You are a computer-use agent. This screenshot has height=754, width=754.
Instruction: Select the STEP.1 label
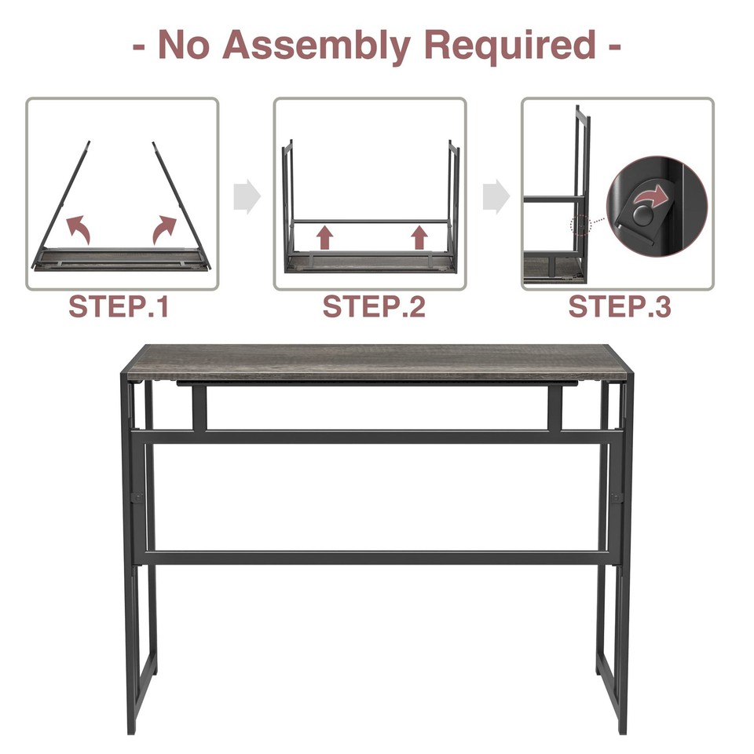[119, 307]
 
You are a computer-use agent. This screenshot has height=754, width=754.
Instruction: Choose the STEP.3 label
[620, 307]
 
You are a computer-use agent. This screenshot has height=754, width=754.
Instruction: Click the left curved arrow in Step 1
[79, 229]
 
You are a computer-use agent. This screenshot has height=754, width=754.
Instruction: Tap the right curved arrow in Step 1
[166, 229]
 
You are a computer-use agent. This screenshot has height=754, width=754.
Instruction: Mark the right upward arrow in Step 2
[419, 236]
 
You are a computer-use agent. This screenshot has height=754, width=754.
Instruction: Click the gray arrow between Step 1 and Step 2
[247, 196]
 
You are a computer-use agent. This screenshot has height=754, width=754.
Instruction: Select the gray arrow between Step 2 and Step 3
[495, 196]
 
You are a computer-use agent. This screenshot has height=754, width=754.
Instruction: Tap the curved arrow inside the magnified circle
[656, 192]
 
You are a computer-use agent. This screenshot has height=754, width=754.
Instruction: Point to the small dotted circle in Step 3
[580, 225]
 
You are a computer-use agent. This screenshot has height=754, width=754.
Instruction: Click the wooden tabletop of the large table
[377, 362]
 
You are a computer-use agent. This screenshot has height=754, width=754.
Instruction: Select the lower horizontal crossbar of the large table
[377, 558]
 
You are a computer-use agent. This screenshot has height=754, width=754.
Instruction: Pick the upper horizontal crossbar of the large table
[377, 437]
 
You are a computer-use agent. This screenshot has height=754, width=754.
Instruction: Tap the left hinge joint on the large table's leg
[137, 497]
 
